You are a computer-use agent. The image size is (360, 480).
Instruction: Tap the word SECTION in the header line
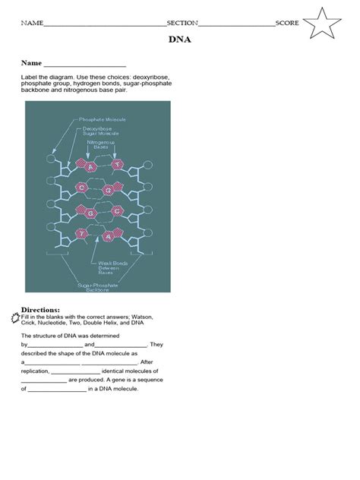pos(182,23)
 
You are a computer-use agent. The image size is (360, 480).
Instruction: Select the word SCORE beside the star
pos(287,23)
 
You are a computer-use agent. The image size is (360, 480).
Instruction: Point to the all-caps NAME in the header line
pos(33,23)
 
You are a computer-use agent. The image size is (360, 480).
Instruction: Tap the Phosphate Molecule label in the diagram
pos(103,119)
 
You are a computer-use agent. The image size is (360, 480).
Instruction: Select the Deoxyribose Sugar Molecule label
pos(97,131)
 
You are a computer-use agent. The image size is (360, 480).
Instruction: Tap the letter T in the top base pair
pos(116,165)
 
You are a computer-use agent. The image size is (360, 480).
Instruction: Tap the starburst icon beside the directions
pos(16,316)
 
